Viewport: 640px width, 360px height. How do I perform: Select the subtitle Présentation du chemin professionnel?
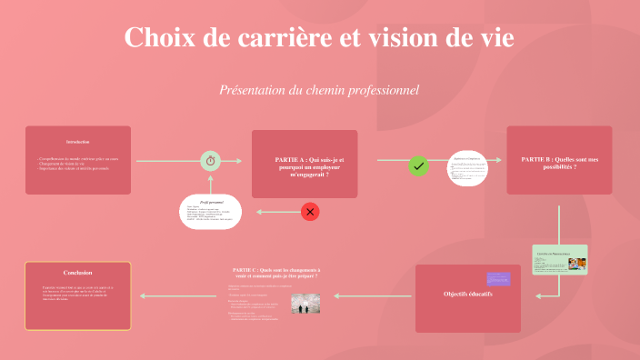point(318,90)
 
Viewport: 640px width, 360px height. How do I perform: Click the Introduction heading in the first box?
point(77,142)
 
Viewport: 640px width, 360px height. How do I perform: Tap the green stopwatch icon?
point(210,161)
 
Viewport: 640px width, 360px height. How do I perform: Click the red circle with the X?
point(310,212)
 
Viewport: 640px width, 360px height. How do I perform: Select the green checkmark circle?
point(418,165)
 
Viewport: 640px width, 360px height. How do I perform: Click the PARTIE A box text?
point(304,165)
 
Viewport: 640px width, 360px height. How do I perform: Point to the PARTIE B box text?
point(559,163)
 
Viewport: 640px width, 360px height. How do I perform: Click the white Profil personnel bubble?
point(210,212)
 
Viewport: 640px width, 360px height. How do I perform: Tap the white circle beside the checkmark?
point(468,166)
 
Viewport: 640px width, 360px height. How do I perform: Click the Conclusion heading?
point(77,273)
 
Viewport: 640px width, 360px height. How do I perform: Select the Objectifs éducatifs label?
point(467,294)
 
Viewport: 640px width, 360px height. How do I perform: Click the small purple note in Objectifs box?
point(498,278)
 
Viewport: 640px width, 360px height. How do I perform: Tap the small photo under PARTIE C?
point(305,303)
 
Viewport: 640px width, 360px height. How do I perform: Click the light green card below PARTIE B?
point(559,259)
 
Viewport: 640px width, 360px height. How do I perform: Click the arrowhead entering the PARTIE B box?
point(501,161)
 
